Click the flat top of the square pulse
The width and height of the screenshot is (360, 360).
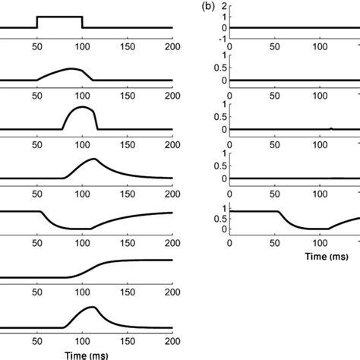tap(60, 17)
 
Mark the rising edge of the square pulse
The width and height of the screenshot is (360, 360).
tap(38, 23)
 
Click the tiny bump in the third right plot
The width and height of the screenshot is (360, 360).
tap(330, 128)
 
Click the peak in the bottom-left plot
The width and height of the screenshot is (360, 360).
tap(92, 308)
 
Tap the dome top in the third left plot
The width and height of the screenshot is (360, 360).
tap(80, 108)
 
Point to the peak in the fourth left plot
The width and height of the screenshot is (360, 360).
tap(93, 159)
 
